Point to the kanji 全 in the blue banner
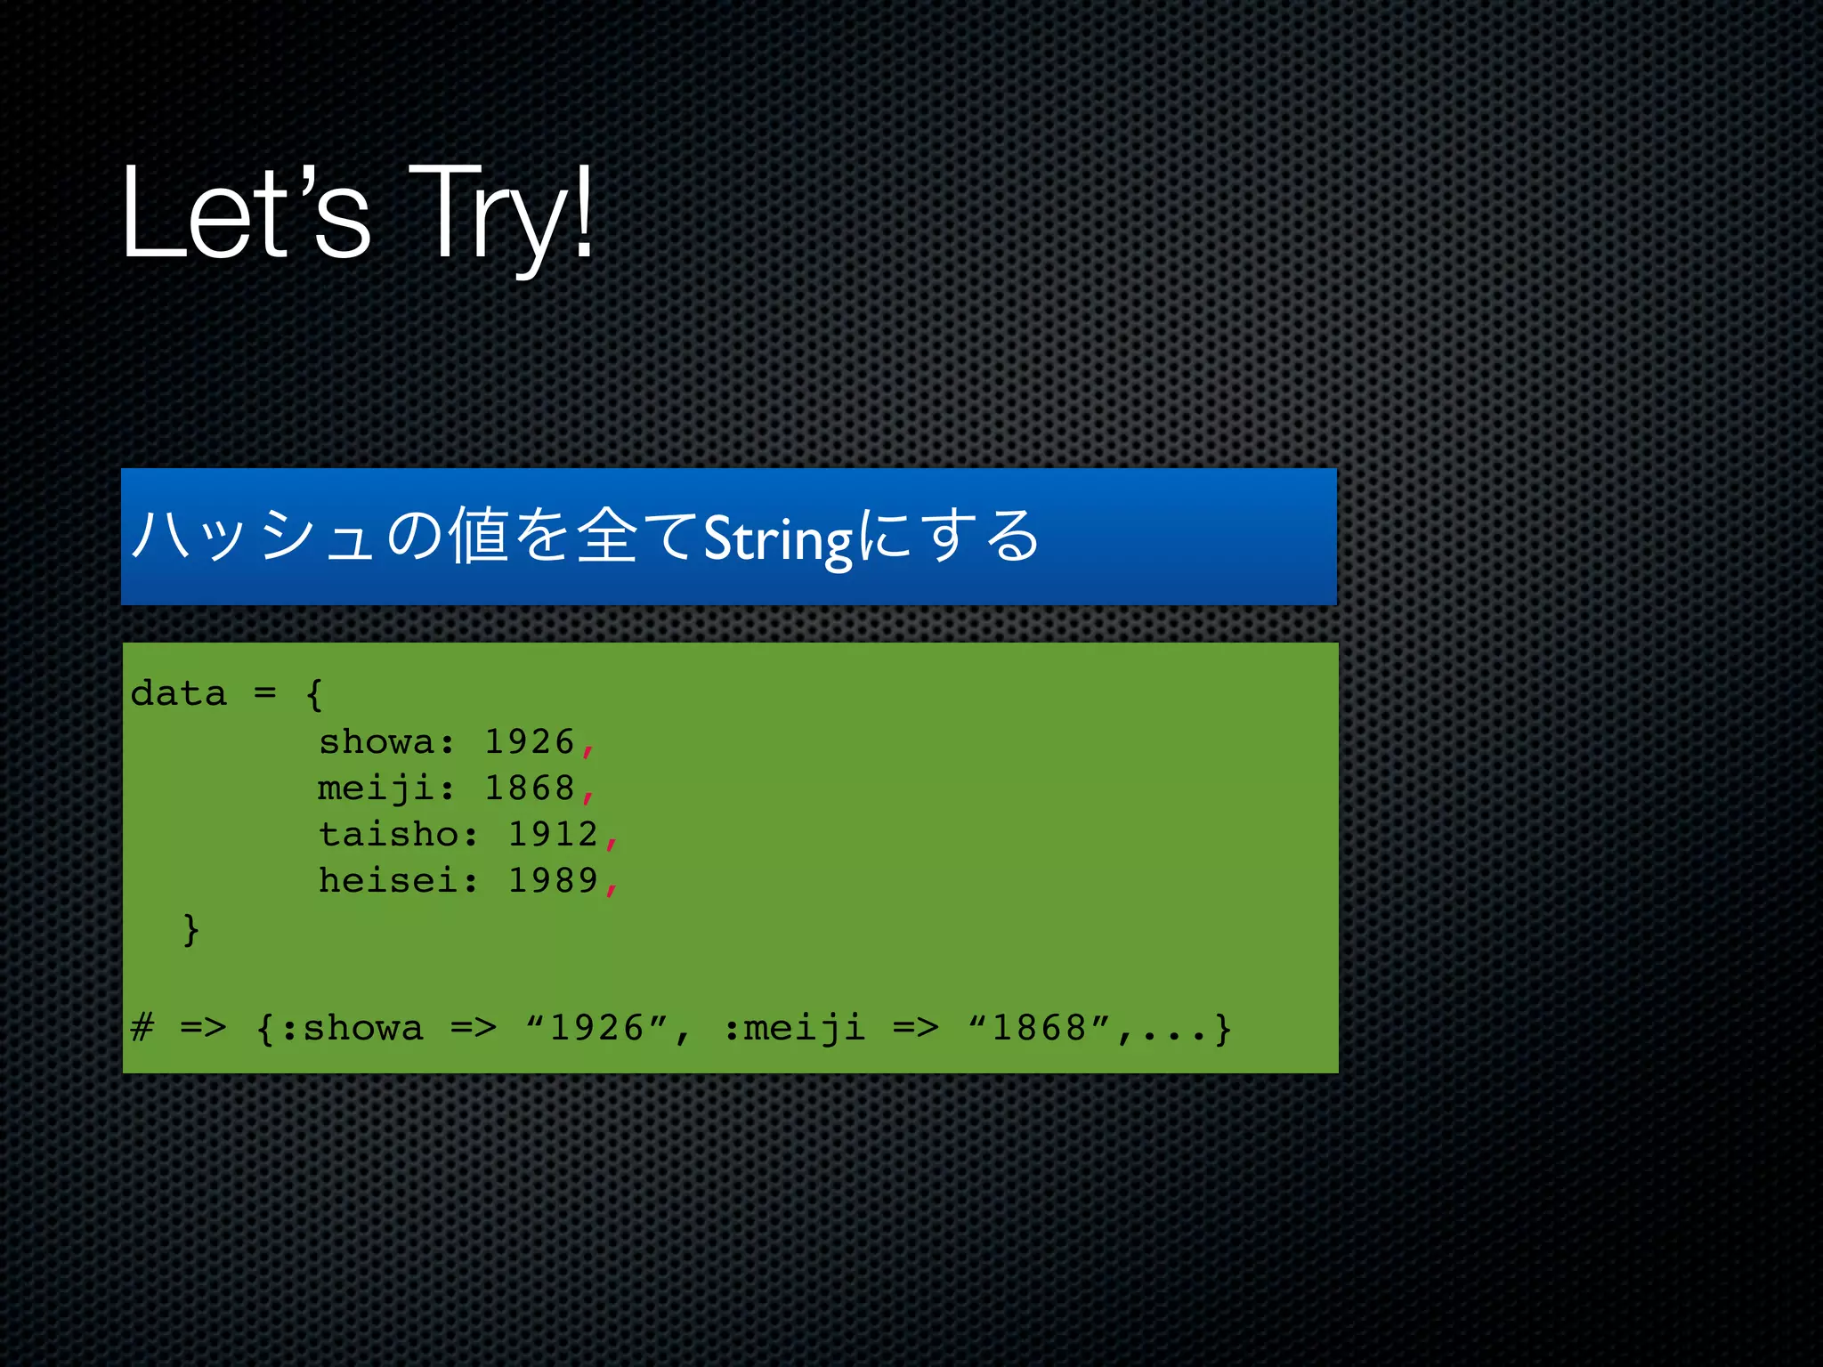coord(607,536)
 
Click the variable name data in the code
coord(179,693)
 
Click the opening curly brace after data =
coord(313,693)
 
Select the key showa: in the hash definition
coord(386,741)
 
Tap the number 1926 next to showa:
coord(530,741)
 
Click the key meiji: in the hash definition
coord(386,788)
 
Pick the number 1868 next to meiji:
coord(530,788)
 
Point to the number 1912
coord(553,834)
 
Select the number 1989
coord(553,880)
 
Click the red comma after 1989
coord(611,886)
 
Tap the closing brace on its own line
coord(190,929)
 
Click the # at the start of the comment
coord(142,1028)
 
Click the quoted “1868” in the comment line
coord(1039,1028)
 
